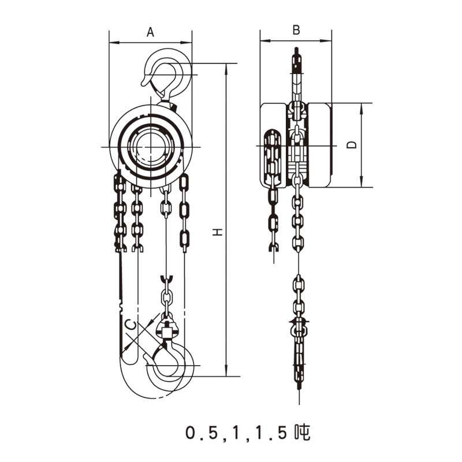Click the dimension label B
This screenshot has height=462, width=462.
pyautogui.click(x=296, y=31)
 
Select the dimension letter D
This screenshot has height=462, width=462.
pyautogui.click(x=352, y=145)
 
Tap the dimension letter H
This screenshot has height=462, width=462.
pyautogui.click(x=217, y=232)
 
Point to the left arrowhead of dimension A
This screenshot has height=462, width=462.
pyautogui.click(x=112, y=42)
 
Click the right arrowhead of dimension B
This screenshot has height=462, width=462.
pyautogui.click(x=329, y=41)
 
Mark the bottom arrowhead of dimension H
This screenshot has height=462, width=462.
pyautogui.click(x=226, y=373)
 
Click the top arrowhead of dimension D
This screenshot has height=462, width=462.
pyautogui.click(x=362, y=106)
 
